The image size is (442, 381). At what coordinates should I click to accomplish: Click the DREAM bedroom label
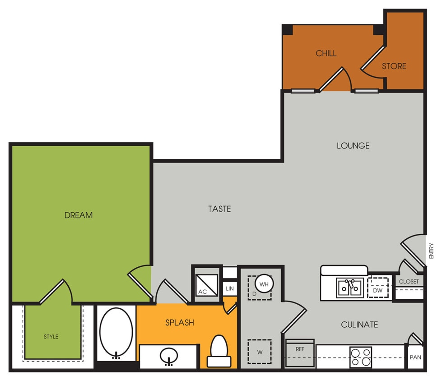[x=79, y=215]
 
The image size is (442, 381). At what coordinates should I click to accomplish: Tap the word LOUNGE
[x=353, y=146]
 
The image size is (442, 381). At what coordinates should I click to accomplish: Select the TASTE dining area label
[x=219, y=209]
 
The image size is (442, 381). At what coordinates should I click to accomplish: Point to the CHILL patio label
[x=326, y=53]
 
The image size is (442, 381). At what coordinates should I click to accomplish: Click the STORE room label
[x=394, y=66]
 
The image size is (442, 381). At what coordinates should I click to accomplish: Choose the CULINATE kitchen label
[x=359, y=325]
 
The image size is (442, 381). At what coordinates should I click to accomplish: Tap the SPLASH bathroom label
[x=179, y=323]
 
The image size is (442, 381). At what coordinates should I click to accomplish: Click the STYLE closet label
[x=51, y=337]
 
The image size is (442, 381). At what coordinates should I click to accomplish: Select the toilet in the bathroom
[x=219, y=350]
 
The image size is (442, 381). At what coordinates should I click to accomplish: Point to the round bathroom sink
[x=169, y=356]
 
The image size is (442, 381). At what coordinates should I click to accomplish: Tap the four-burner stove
[x=360, y=357]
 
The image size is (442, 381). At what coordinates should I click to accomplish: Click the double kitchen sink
[x=349, y=288]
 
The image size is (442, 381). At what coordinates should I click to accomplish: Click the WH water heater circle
[x=264, y=284]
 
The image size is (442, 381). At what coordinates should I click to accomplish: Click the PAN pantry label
[x=415, y=358]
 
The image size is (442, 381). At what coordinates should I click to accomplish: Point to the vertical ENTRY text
[x=431, y=251]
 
